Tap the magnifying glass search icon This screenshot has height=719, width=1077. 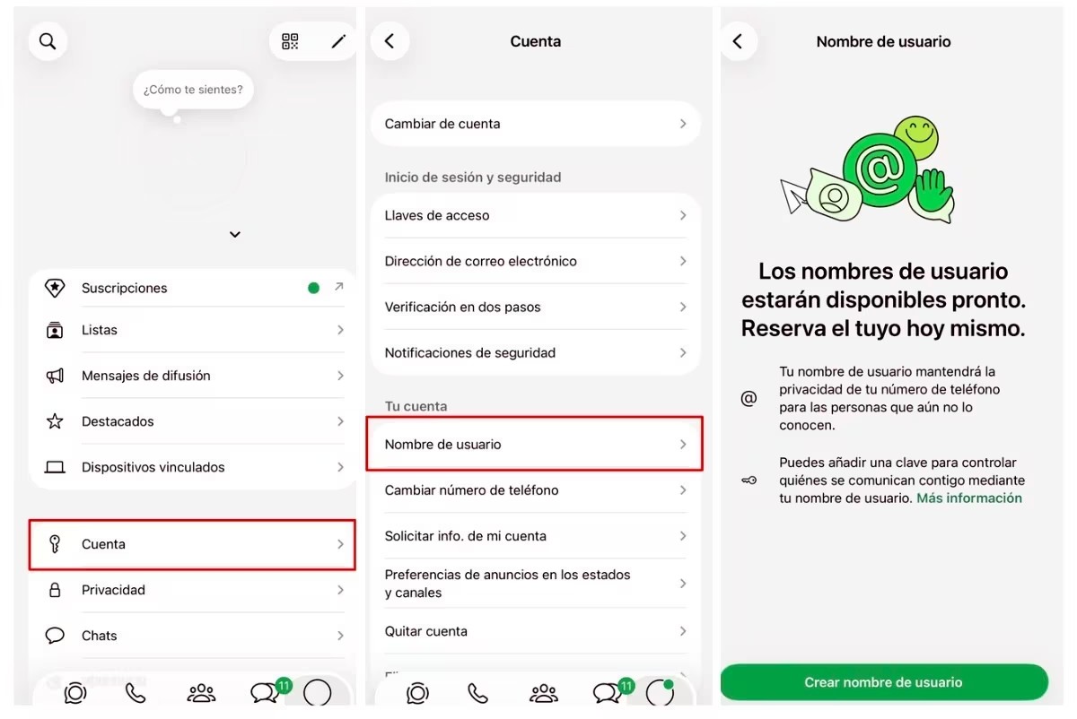(x=47, y=41)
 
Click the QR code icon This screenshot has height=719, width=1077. (x=290, y=41)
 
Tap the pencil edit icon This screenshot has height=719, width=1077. (x=338, y=42)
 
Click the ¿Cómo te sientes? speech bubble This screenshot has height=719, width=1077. (x=193, y=90)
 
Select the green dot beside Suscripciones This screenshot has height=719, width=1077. (x=313, y=288)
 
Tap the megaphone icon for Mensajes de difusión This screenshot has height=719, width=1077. (x=55, y=376)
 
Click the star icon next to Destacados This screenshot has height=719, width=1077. (x=55, y=421)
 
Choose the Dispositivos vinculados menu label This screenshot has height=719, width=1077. (x=153, y=467)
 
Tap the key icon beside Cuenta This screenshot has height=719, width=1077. (x=55, y=544)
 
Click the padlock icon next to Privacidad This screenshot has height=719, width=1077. (x=55, y=590)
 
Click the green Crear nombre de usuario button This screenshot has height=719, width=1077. (x=884, y=682)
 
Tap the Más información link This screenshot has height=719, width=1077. (x=969, y=498)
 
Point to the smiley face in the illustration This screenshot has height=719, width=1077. (x=916, y=138)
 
